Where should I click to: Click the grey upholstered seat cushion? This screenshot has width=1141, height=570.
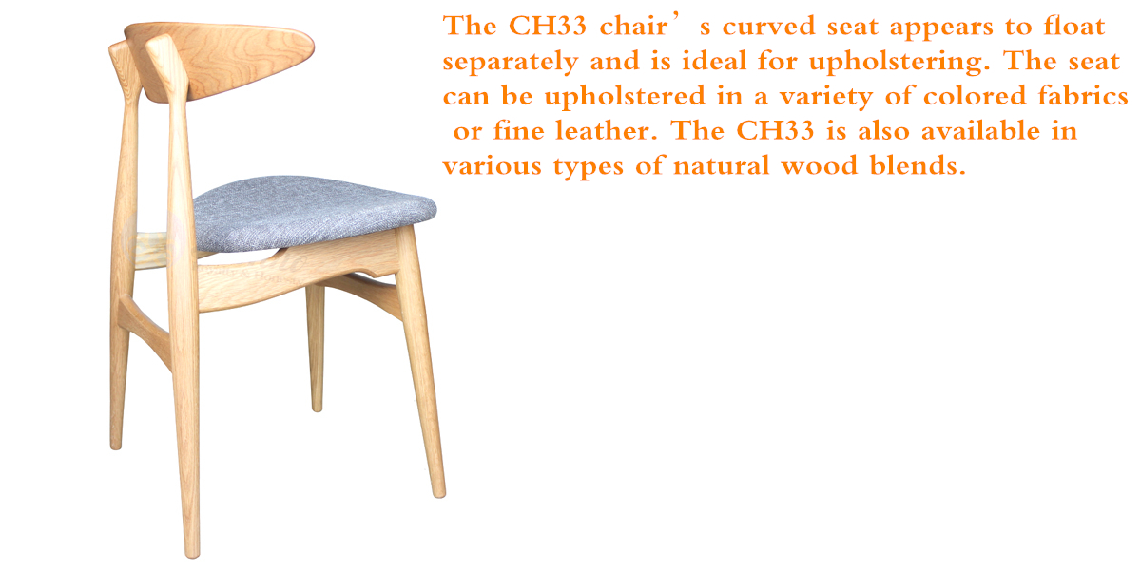tap(313, 213)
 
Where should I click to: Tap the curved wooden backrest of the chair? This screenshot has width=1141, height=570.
tap(219, 60)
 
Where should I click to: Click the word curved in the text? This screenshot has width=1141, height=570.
tap(768, 26)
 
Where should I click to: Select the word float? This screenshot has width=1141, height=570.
tap(1073, 26)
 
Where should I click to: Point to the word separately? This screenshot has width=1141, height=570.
tap(511, 62)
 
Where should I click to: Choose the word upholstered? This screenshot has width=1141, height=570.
tap(625, 97)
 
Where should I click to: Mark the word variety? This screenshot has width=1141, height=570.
tap(826, 97)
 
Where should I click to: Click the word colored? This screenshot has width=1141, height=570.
tap(975, 96)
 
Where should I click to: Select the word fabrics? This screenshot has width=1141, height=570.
tap(1083, 96)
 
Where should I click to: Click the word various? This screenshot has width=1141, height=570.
tap(493, 166)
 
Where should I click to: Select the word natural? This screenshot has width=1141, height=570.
tap(722, 165)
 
